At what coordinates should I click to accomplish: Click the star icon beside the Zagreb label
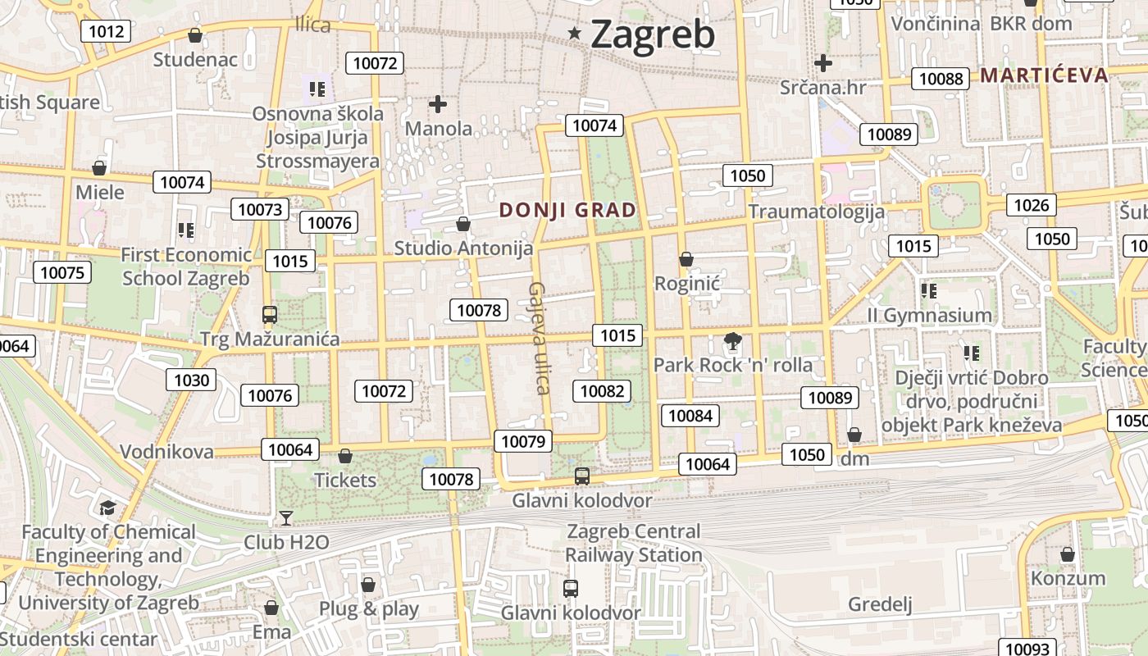coord(575,34)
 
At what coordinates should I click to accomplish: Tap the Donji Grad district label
coord(567,210)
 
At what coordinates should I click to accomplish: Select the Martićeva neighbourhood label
coord(1044,75)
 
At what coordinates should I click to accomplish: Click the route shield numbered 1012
coord(107,32)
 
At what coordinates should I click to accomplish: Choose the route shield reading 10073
coord(260,209)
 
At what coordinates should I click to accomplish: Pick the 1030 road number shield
coord(192,380)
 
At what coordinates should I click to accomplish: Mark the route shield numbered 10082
coord(602,391)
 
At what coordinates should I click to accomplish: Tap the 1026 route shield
coord(1032,205)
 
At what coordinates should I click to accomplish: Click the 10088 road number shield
coord(941,79)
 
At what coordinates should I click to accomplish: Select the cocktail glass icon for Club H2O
coord(285,517)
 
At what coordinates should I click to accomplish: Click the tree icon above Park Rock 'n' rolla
coord(732,341)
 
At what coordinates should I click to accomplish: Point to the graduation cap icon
coord(107,508)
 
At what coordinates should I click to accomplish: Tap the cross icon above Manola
coord(438,104)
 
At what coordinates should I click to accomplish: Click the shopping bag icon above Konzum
coord(1067,554)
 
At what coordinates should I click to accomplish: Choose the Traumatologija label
coord(816,212)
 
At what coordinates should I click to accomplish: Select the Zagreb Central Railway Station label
coord(634,543)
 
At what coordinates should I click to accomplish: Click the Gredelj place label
coord(880,604)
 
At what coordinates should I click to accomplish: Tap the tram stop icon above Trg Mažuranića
coord(269,314)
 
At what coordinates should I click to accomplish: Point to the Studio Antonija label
coord(463,248)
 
